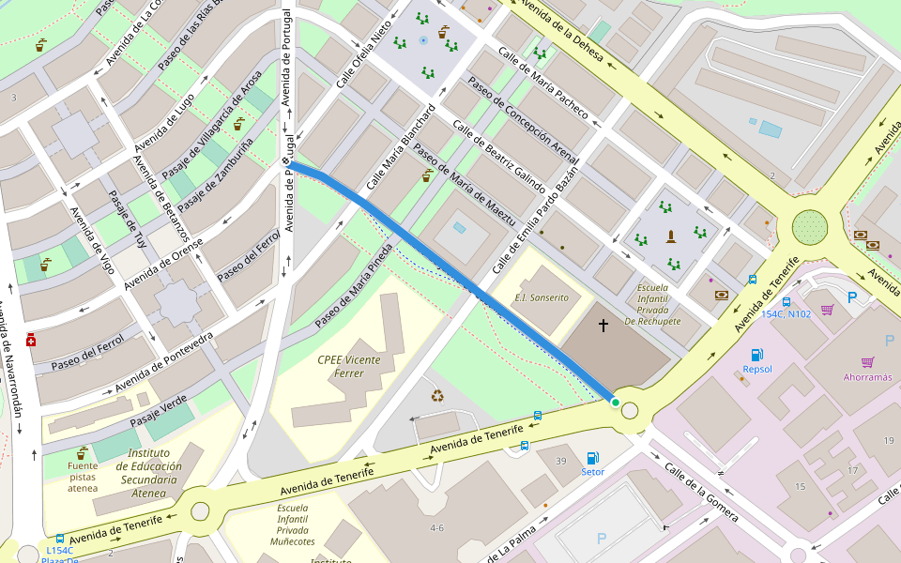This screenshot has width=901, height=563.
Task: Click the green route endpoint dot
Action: pyautogui.click(x=615, y=403)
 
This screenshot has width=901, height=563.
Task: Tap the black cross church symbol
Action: pyautogui.click(x=603, y=326)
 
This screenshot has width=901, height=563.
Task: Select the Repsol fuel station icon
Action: pyautogui.click(x=756, y=354)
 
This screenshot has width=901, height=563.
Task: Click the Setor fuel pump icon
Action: pyautogui.click(x=592, y=458)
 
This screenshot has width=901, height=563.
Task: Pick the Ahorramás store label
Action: pyautogui.click(x=867, y=377)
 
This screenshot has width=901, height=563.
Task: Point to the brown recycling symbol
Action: pyautogui.click(x=437, y=395)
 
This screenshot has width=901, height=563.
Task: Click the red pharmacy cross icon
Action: pyautogui.click(x=31, y=340)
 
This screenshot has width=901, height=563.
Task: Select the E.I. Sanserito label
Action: pyautogui.click(x=542, y=297)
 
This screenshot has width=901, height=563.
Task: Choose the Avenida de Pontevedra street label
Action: pyautogui.click(x=163, y=362)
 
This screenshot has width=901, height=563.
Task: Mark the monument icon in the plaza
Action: pyautogui.click(x=670, y=236)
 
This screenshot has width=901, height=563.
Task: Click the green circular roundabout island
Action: pyautogui.click(x=809, y=226)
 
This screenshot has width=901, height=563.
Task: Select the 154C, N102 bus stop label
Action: pyautogui.click(x=786, y=314)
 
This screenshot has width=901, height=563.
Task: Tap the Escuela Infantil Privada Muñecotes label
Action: pyautogui.click(x=292, y=525)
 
